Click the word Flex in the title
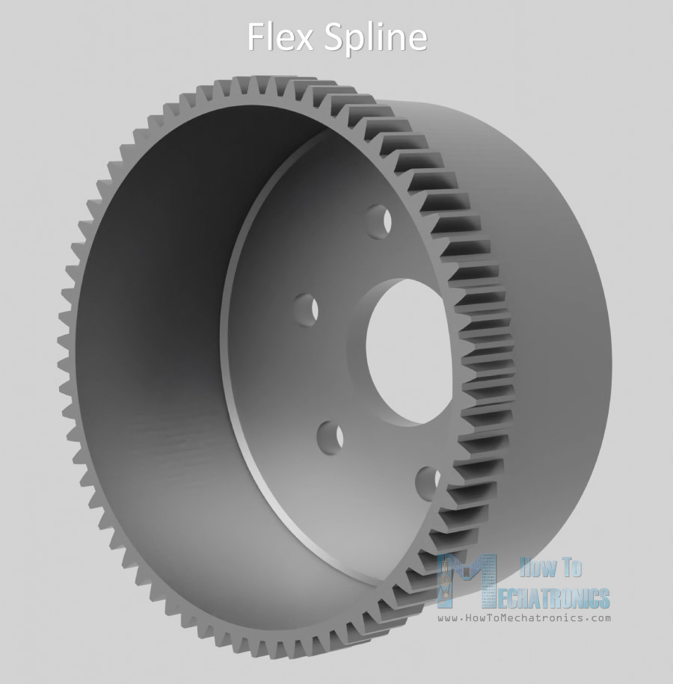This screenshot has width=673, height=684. click(x=280, y=37)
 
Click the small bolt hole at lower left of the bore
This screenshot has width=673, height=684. click(x=330, y=434)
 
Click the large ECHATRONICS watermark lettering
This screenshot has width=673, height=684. click(x=553, y=597)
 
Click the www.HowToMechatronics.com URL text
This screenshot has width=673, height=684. click(x=523, y=618)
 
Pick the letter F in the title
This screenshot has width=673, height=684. click(x=256, y=37)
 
